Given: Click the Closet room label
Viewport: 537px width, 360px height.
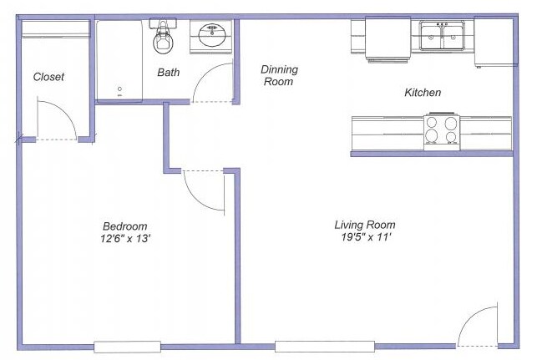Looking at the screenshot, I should pos(48,77).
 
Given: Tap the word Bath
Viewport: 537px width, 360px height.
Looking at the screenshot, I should pos(169,73).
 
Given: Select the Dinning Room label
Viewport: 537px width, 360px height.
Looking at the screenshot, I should pos(279,76).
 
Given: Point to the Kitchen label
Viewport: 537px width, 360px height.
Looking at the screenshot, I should pos(423,93).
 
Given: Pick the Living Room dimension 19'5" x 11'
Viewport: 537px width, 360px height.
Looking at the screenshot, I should pos(364,238).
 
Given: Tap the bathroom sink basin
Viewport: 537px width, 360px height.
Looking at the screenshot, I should pos(213,37).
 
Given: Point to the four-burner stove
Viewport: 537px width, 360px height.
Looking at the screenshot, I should pos(442,131).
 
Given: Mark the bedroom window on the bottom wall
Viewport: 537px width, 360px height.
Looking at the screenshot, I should pos(127,346).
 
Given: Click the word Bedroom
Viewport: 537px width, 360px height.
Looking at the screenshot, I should pos(125,226).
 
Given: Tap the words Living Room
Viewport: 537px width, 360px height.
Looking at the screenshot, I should pos(364,225).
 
